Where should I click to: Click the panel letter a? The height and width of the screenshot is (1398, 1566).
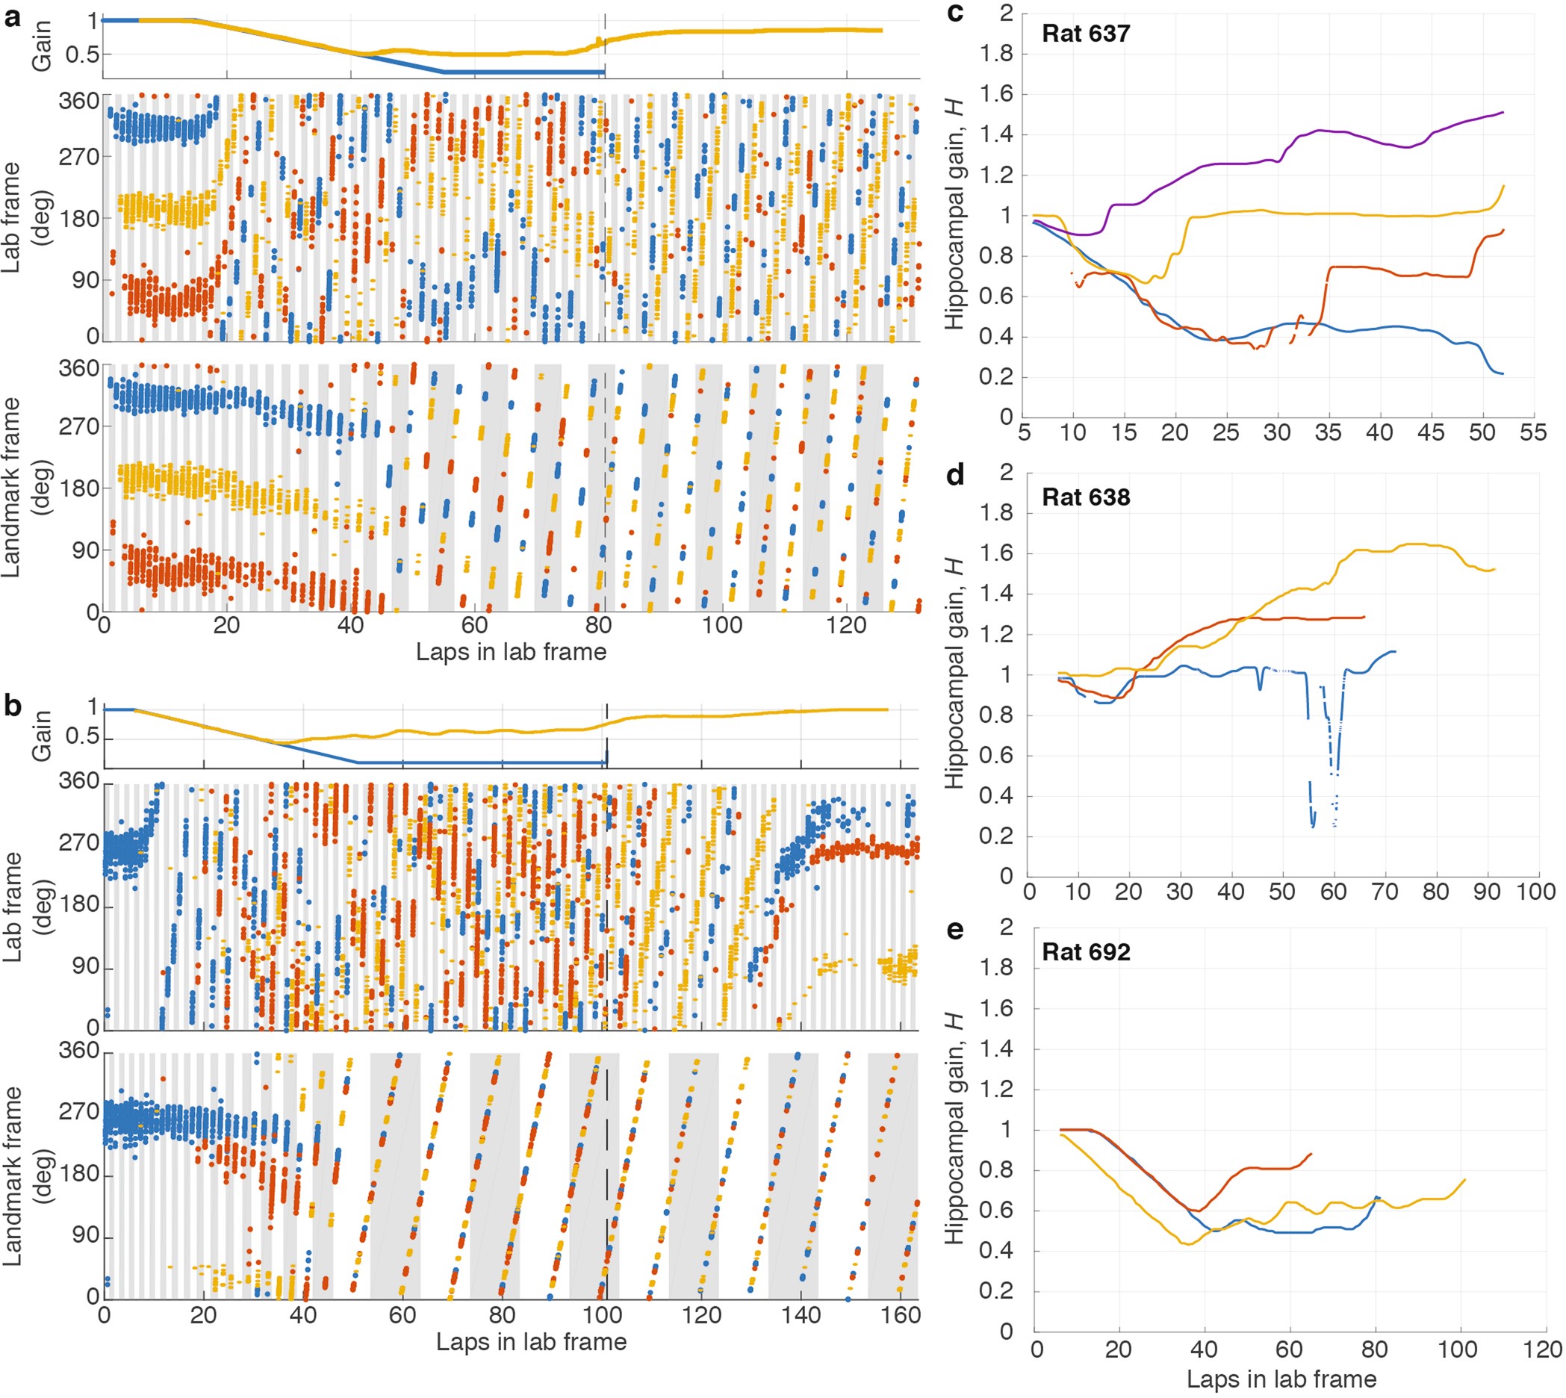(x=11, y=17)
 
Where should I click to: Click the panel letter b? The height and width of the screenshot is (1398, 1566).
(x=12, y=704)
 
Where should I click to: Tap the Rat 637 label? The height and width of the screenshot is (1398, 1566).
(x=1085, y=34)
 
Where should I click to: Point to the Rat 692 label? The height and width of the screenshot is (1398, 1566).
(x=1085, y=952)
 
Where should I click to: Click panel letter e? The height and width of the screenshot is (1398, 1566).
(x=954, y=931)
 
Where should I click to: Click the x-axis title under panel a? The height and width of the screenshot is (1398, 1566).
(x=511, y=652)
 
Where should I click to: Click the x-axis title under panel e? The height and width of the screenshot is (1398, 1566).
(x=1281, y=1379)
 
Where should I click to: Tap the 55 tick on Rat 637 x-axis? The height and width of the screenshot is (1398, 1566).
(x=1532, y=432)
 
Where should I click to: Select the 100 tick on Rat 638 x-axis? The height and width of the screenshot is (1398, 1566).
(x=1535, y=892)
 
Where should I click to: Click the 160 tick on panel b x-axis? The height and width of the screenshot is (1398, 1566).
(x=900, y=1316)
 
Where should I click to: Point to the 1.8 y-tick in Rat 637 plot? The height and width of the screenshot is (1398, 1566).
(x=996, y=54)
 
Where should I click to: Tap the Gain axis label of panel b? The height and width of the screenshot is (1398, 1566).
(x=42, y=735)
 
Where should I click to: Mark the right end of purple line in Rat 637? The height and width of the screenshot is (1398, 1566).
(x=1503, y=113)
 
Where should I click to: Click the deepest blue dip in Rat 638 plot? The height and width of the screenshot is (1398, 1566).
(x=1314, y=827)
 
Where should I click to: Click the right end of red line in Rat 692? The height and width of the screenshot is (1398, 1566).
(x=1311, y=1153)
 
